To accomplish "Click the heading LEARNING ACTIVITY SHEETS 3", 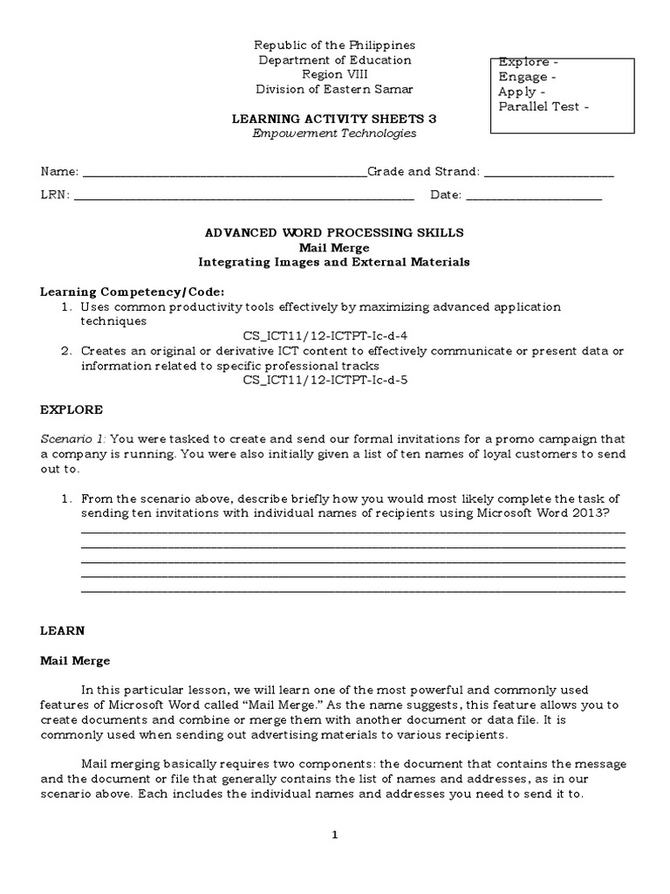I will [x=334, y=117].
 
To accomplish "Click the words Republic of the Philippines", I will [x=334, y=45].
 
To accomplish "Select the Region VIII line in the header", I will [x=334, y=74].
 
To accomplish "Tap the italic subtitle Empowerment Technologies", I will [x=334, y=134].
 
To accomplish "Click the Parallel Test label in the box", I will [x=543, y=107].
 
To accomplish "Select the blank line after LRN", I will [x=244, y=195].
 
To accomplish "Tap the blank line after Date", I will [x=534, y=195].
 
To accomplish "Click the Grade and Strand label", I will [x=422, y=172].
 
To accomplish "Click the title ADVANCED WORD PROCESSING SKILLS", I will [x=334, y=233].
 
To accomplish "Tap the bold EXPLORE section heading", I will [x=72, y=409].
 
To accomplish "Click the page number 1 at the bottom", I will [x=334, y=835].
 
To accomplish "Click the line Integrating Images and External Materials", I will [x=334, y=262].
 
